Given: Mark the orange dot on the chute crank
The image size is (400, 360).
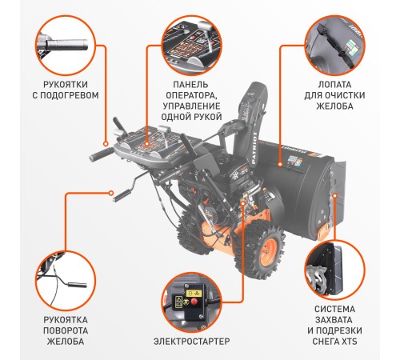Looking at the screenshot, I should [111, 194].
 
